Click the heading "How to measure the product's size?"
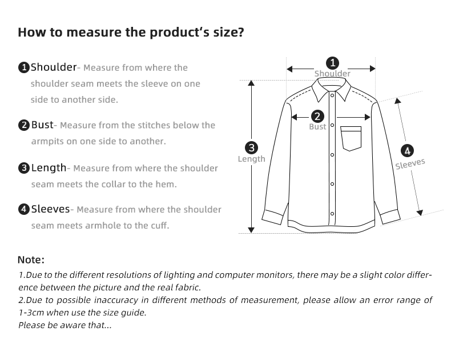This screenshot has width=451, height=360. [x=131, y=32]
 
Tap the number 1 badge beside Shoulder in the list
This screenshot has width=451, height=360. [x=24, y=68]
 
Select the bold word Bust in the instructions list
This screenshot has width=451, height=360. [x=42, y=125]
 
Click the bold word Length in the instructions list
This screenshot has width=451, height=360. [x=49, y=168]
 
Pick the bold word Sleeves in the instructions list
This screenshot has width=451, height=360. [x=50, y=209]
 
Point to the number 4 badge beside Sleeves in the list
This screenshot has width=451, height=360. [x=24, y=210]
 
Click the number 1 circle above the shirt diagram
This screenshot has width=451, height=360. [x=332, y=63]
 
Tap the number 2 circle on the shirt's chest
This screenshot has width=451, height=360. [x=317, y=116]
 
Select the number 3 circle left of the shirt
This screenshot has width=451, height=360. [x=251, y=147]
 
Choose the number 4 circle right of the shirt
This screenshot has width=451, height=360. [x=407, y=151]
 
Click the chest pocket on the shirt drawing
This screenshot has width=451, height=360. [x=352, y=138]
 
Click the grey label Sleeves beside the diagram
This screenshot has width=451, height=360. [x=410, y=164]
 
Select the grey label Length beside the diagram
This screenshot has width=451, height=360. [x=252, y=159]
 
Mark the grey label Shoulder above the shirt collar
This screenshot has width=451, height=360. [x=332, y=74]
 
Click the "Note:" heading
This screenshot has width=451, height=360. [x=31, y=260]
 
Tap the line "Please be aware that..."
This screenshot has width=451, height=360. [x=65, y=325]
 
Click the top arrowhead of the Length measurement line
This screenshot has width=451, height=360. [x=251, y=83]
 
